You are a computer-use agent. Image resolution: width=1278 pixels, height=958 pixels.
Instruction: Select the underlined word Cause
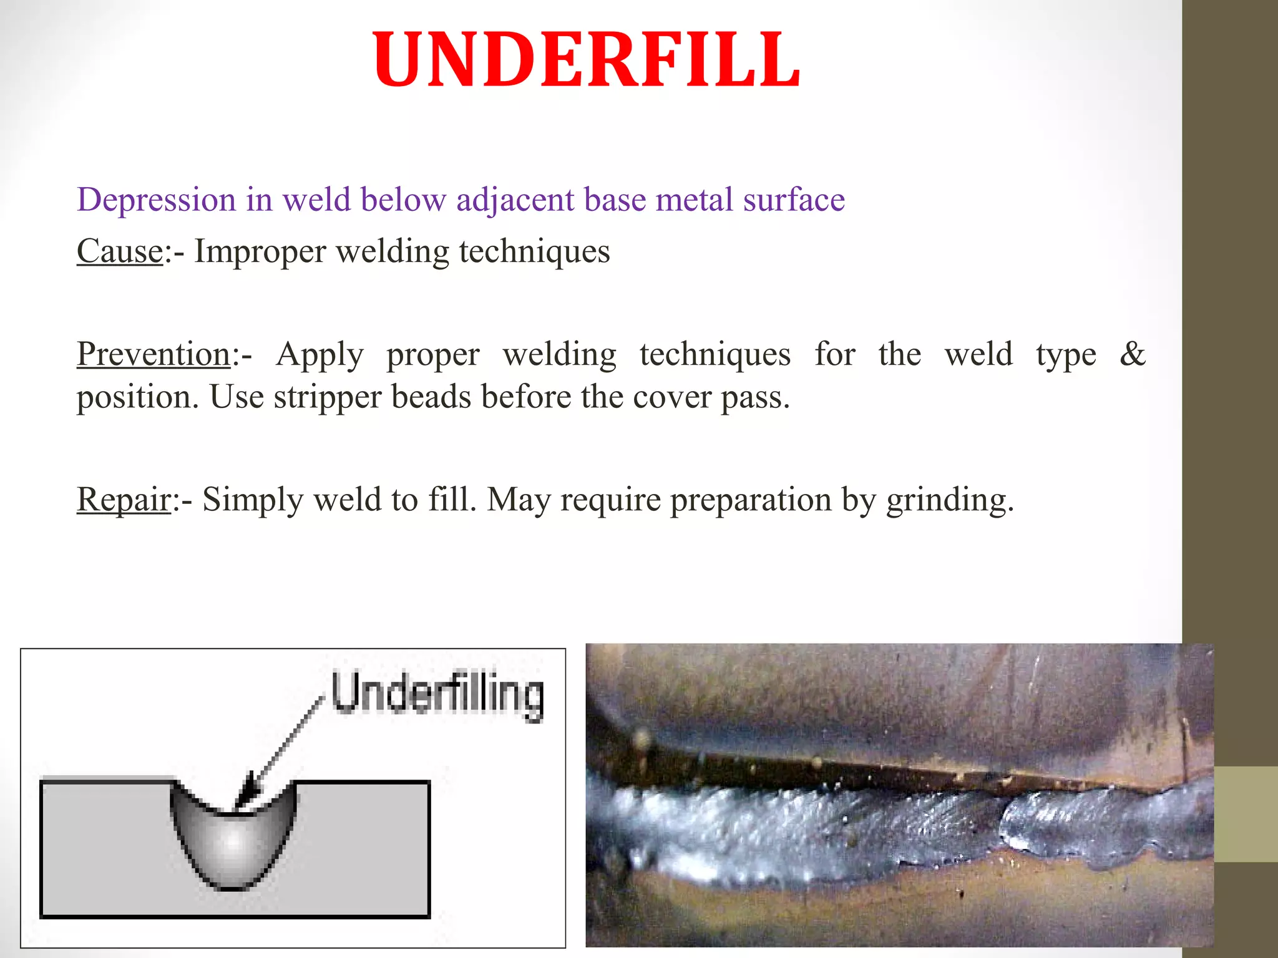[x=120, y=251]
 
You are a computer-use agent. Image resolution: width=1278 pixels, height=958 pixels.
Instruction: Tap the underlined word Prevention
[x=154, y=354]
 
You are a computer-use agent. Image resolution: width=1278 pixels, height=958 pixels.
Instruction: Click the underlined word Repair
[x=124, y=500]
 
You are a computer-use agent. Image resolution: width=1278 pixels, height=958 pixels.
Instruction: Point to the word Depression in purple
[x=156, y=200]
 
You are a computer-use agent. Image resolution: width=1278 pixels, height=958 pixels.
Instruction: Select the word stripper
[x=327, y=397]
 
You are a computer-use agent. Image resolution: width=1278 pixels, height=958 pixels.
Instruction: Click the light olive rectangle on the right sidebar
[x=1246, y=814]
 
